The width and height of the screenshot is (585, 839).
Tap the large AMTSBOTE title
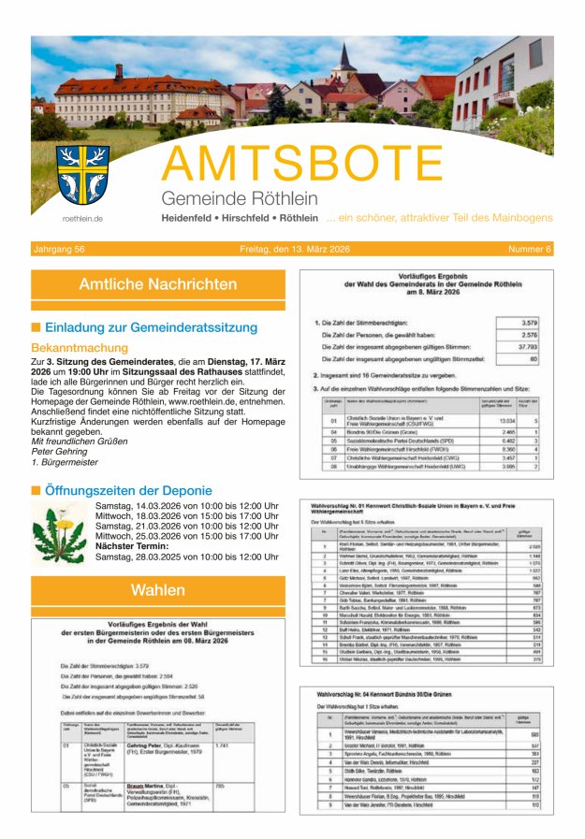(x=302, y=164)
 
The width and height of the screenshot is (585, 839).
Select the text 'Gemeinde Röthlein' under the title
(x=226, y=198)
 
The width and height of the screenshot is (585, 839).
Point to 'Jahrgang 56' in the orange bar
(x=60, y=249)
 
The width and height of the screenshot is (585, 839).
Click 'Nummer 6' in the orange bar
(x=530, y=249)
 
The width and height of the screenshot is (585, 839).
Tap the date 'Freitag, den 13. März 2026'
(x=294, y=249)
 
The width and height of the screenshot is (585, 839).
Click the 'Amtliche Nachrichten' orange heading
(x=157, y=284)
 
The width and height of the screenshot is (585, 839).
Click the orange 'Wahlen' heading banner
(x=157, y=590)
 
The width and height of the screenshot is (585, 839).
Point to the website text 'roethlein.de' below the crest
(x=82, y=218)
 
